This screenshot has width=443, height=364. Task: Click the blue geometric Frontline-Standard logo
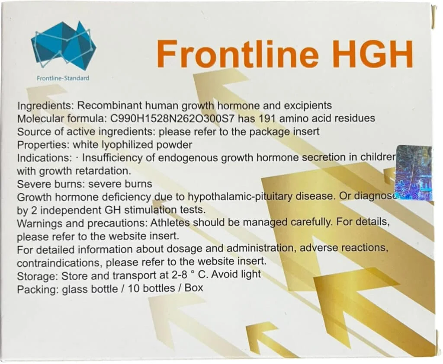[x=63, y=45]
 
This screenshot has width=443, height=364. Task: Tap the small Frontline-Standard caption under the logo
[x=63, y=78]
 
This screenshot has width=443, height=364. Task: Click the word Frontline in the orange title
[x=238, y=53]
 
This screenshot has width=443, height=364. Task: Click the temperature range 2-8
[x=177, y=275]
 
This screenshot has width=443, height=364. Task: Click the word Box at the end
[x=193, y=288]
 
